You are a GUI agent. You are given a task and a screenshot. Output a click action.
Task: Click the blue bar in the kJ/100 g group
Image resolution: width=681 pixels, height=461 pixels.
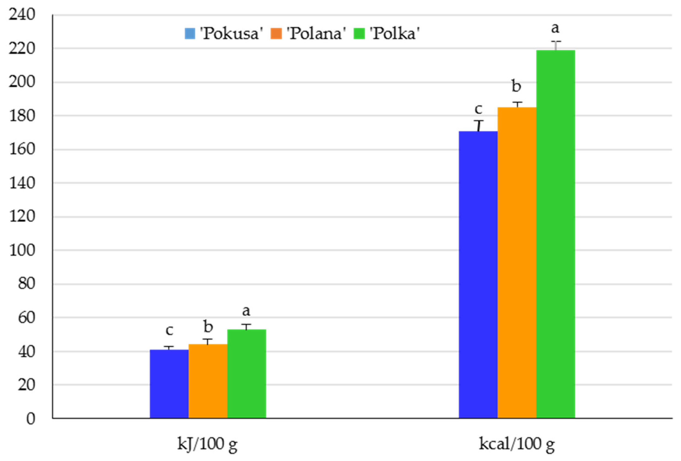point(169,384)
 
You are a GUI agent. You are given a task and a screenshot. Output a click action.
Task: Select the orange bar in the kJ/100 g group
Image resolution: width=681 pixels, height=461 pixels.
point(208,381)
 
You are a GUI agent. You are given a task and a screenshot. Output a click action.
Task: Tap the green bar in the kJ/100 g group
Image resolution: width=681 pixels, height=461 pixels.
point(246,374)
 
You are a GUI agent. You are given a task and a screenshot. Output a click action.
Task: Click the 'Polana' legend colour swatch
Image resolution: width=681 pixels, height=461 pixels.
point(276,33)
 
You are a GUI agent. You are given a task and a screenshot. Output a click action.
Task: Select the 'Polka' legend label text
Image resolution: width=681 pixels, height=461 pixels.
point(394,33)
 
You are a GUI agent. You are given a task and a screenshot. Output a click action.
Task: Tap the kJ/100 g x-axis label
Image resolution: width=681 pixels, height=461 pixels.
point(207,444)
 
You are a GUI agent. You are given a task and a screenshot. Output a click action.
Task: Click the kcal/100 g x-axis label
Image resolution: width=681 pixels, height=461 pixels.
point(517,444)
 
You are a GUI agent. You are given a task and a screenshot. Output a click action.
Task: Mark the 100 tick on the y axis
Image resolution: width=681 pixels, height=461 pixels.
point(22,250)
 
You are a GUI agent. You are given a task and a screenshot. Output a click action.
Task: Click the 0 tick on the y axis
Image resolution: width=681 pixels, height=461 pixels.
point(30,419)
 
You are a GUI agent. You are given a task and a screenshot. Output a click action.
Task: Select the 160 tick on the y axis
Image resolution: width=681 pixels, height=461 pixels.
point(22,149)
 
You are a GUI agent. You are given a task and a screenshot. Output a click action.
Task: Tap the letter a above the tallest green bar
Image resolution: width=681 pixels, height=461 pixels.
point(555,28)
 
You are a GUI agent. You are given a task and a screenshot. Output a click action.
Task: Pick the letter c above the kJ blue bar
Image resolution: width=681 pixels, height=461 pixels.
point(169,330)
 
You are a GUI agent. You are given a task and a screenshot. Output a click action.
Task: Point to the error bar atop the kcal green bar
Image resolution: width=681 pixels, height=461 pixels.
point(556,46)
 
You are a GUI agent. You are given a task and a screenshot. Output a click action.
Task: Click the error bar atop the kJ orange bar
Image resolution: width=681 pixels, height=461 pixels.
point(208,341)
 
